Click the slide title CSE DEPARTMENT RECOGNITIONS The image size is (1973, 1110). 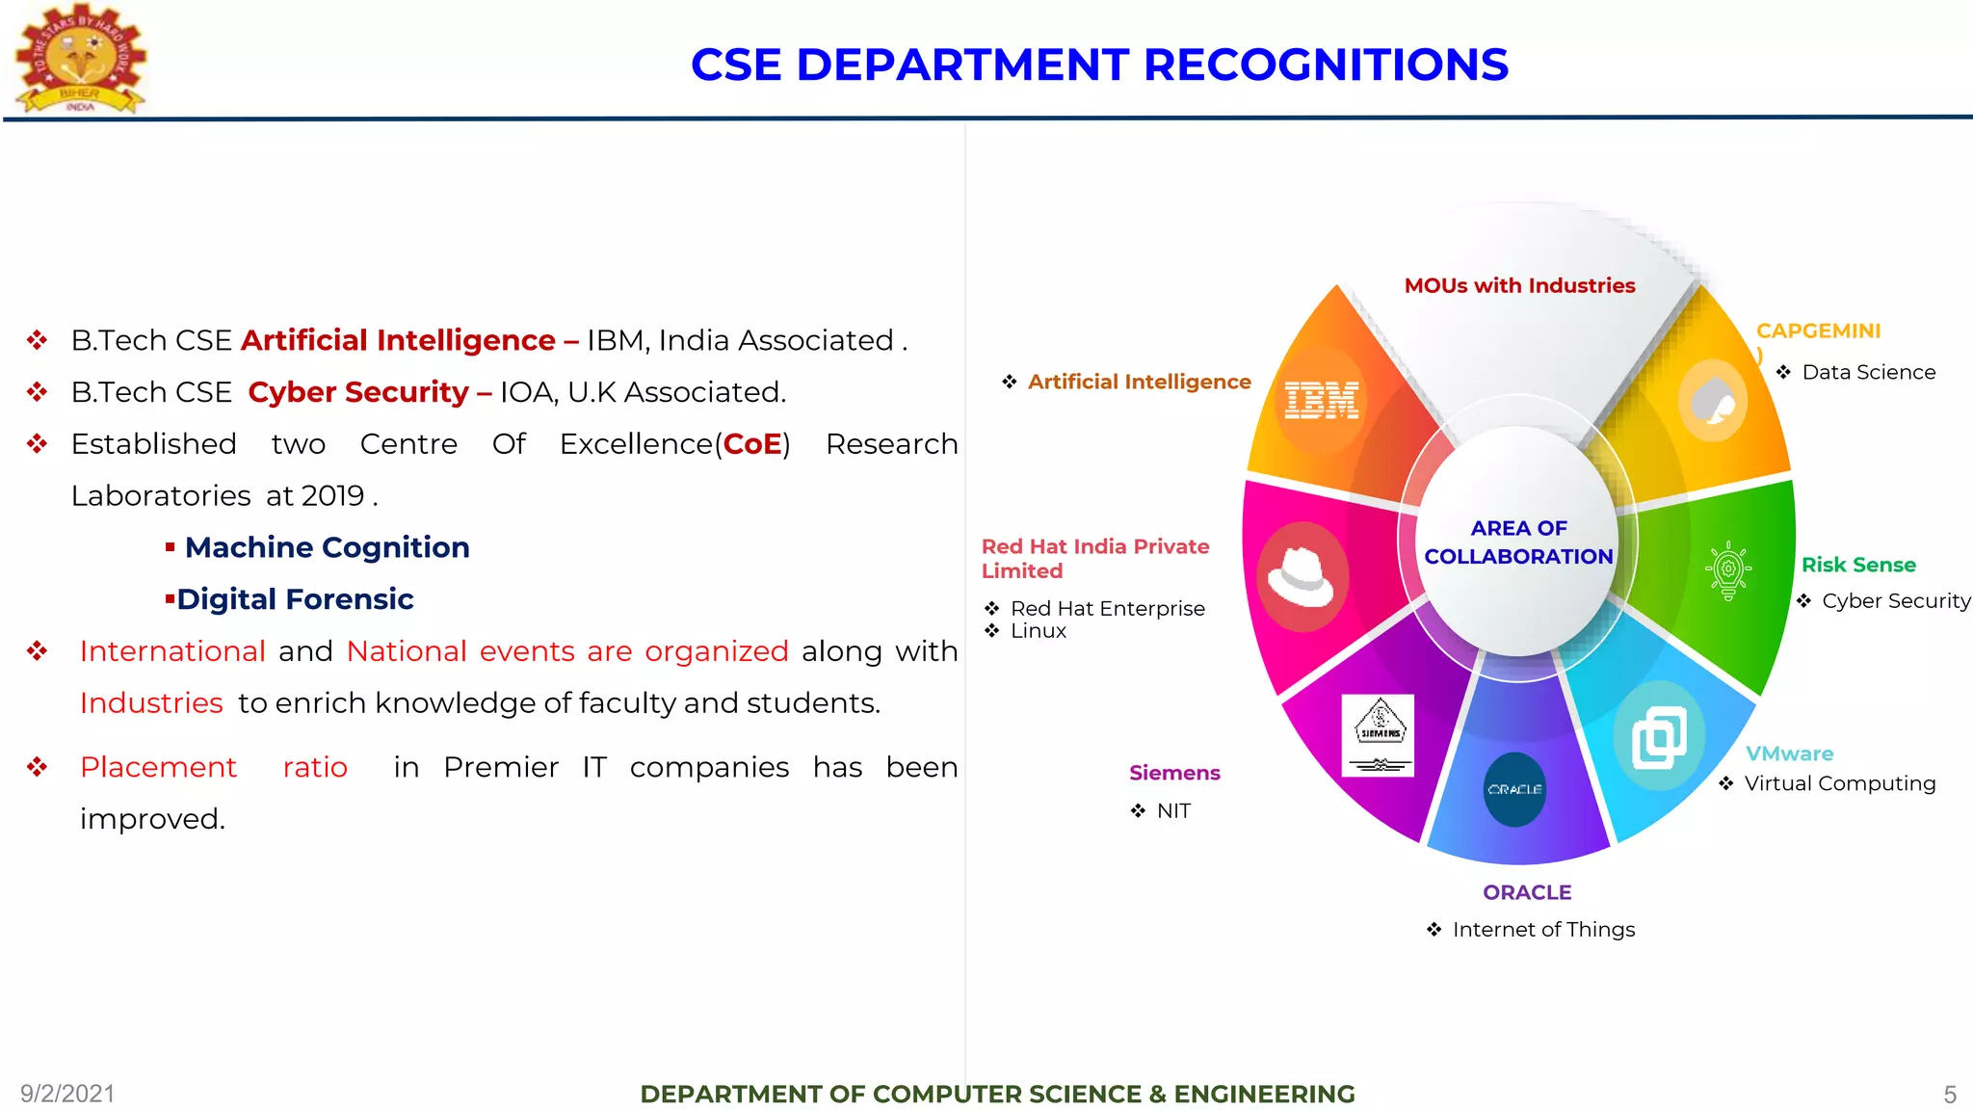(x=1099, y=66)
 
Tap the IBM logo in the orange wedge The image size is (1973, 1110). (x=1322, y=400)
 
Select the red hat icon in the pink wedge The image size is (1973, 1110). (x=1301, y=575)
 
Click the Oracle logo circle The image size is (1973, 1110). (x=1514, y=789)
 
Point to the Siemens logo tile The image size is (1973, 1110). (x=1379, y=735)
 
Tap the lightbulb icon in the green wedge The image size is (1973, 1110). (x=1728, y=570)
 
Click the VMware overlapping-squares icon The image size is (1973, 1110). (x=1659, y=738)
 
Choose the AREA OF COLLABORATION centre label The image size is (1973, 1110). (x=1518, y=542)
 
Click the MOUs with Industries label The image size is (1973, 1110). (x=1519, y=286)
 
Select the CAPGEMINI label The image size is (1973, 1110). (x=1818, y=331)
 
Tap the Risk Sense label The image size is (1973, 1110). (x=1858, y=565)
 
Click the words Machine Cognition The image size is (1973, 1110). (x=327, y=547)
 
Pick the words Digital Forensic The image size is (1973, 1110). (x=295, y=599)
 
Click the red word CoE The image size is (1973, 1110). (x=752, y=444)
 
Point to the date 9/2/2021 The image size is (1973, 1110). (x=67, y=1094)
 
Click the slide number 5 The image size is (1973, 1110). (x=1950, y=1095)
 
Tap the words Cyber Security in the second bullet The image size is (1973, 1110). (x=357, y=392)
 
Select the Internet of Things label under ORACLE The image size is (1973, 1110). (x=1543, y=930)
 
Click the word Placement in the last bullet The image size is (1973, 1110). (x=158, y=767)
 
